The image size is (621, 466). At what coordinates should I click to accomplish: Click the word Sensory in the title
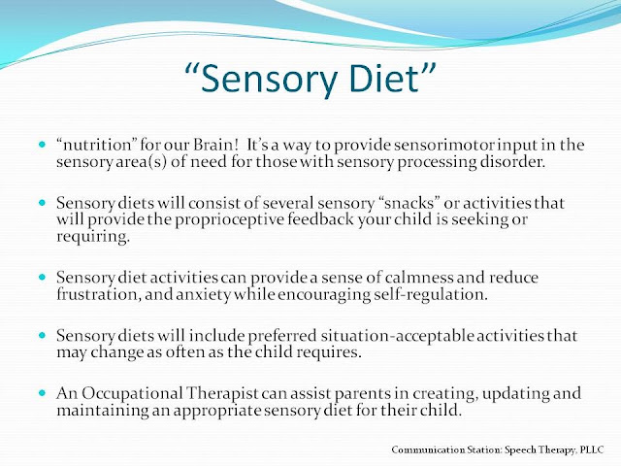pos(269,79)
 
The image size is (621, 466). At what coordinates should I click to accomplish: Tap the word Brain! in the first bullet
pos(215,145)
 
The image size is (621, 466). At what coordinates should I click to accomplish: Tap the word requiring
pos(93,237)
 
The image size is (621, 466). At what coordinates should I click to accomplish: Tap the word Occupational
pos(132,394)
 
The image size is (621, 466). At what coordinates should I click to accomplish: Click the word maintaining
pos(102,411)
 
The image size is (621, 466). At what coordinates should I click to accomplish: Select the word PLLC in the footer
pos(592,450)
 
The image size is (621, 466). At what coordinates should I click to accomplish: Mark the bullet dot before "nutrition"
pos(43,145)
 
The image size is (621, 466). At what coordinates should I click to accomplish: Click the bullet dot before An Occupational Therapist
pos(43,393)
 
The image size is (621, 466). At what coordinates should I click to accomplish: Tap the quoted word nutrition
pos(96,145)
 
